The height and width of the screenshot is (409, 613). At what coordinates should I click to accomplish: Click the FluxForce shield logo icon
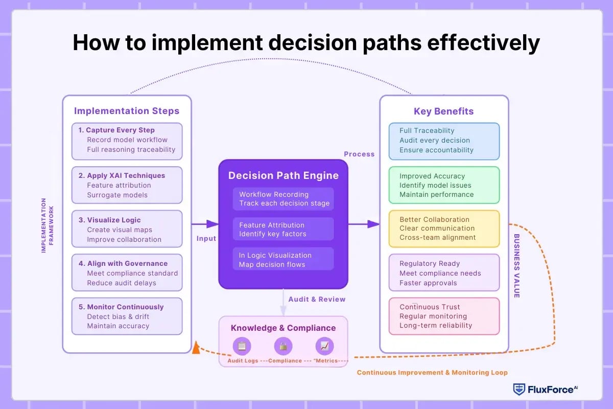pyautogui.click(x=519, y=389)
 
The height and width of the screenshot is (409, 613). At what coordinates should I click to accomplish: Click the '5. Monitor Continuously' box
pyautogui.click(x=127, y=316)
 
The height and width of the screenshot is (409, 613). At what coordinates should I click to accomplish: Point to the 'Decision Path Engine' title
pyautogui.click(x=283, y=175)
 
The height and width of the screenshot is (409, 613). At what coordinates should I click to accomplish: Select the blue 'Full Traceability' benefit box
pyautogui.click(x=443, y=141)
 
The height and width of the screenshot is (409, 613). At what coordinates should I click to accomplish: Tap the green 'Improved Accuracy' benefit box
pyautogui.click(x=443, y=185)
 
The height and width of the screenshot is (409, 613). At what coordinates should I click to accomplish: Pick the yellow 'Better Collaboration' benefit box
pyautogui.click(x=443, y=229)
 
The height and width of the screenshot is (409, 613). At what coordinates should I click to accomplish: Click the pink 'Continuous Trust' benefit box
pyautogui.click(x=443, y=316)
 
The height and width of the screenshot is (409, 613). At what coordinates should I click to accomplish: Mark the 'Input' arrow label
pyautogui.click(x=206, y=238)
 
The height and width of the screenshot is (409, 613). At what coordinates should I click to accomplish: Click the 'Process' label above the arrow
pyautogui.click(x=359, y=154)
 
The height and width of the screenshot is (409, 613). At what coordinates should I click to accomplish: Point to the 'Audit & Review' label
pyautogui.click(x=317, y=299)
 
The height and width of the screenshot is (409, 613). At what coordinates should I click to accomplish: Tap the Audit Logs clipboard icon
pyautogui.click(x=242, y=346)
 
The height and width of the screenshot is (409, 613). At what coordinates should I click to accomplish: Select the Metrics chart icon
pyautogui.click(x=324, y=346)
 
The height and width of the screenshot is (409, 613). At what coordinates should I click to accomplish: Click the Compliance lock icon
pyautogui.click(x=283, y=346)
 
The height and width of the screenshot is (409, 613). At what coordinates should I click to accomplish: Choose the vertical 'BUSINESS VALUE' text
pyautogui.click(x=516, y=266)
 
